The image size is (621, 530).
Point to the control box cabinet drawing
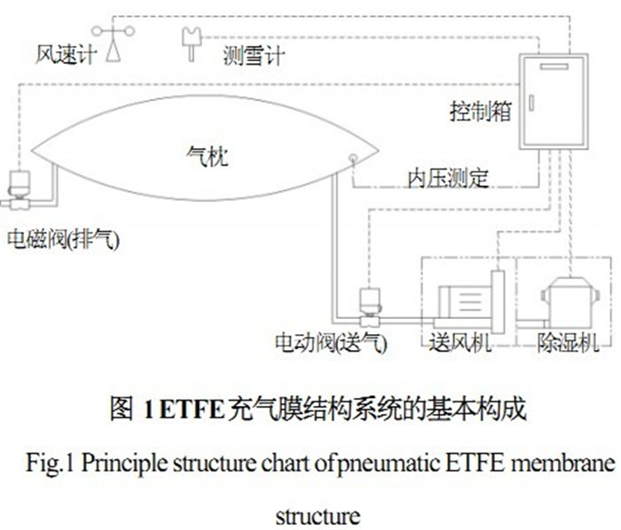[x=552, y=101]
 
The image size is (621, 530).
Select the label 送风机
[x=460, y=342]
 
